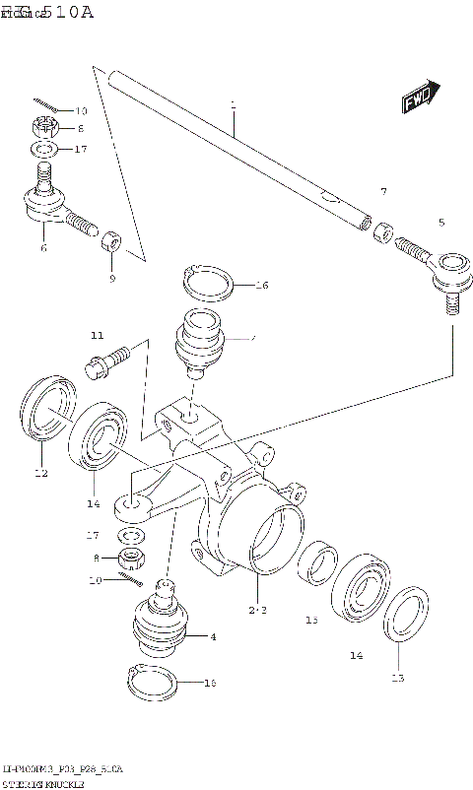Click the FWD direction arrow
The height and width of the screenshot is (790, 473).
(421, 98)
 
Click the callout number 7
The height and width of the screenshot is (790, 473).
(383, 191)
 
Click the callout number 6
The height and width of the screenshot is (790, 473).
(43, 248)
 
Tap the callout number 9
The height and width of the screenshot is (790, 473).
(111, 279)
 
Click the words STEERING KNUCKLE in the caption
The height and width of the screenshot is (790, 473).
(43, 781)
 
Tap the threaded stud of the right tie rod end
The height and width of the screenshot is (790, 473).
(452, 302)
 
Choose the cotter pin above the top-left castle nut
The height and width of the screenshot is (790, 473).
(44, 106)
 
